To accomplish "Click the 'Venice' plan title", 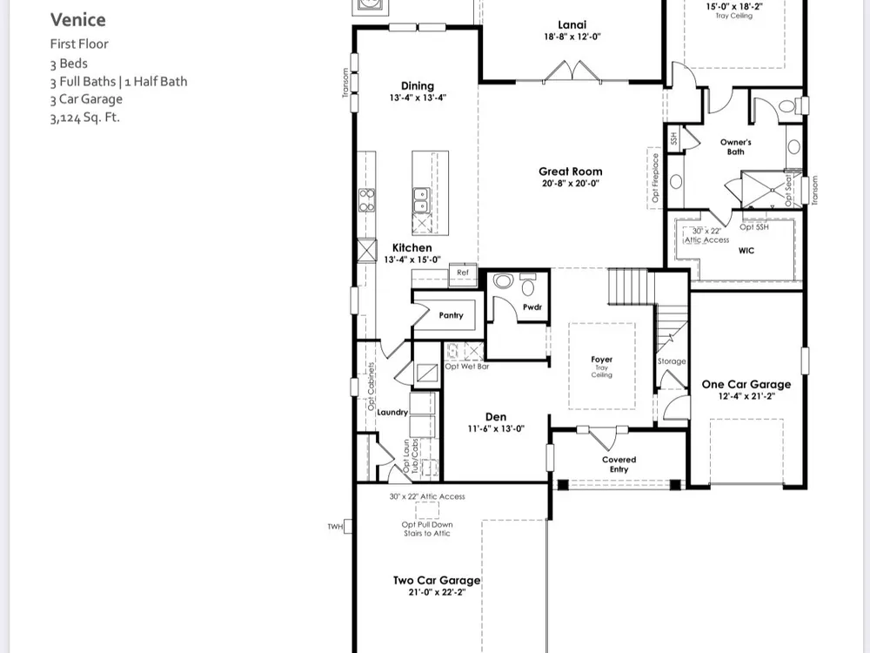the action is tap(77, 20).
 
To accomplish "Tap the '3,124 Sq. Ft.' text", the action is tap(85, 118).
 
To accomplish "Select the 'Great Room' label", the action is tap(571, 172).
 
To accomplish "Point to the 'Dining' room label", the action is tap(418, 85).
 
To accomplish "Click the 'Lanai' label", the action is tap(572, 24).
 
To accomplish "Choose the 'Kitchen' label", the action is tap(412, 247).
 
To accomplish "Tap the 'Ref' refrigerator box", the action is tap(463, 273).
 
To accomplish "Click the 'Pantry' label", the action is tap(451, 315).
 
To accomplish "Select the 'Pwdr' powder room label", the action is tap(532, 307).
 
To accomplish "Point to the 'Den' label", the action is tap(496, 416).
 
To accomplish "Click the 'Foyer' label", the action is tap(601, 360).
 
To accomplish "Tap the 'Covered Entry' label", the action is tap(619, 464).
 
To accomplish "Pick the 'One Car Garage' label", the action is tap(746, 384).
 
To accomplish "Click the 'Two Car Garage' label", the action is tap(437, 580).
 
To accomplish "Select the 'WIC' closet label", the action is tap(746, 251).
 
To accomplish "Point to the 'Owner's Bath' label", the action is tap(736, 146).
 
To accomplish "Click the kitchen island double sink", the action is tap(420, 200).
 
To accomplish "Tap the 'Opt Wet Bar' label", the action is tap(467, 367).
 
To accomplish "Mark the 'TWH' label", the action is tap(335, 527).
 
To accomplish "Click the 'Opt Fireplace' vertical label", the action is tap(655, 178).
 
